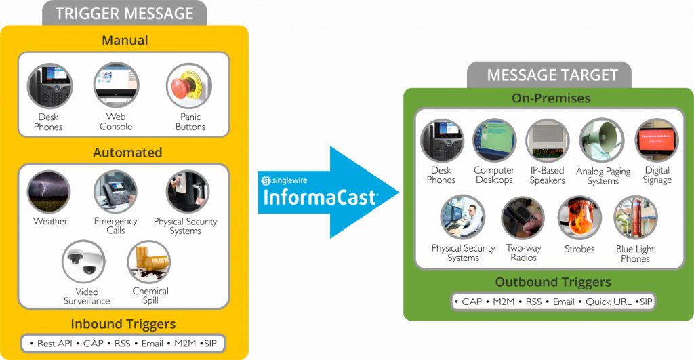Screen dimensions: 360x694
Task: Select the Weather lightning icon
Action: click(x=50, y=192)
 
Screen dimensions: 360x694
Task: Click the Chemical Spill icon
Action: click(x=150, y=262)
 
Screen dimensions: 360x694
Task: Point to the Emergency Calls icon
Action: click(x=115, y=192)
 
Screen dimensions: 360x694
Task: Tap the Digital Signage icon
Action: click(x=656, y=140)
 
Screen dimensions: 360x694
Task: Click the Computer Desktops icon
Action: click(x=494, y=140)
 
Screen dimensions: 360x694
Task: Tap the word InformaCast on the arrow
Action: click(x=320, y=198)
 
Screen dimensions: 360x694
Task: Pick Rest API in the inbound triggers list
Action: click(x=54, y=344)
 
